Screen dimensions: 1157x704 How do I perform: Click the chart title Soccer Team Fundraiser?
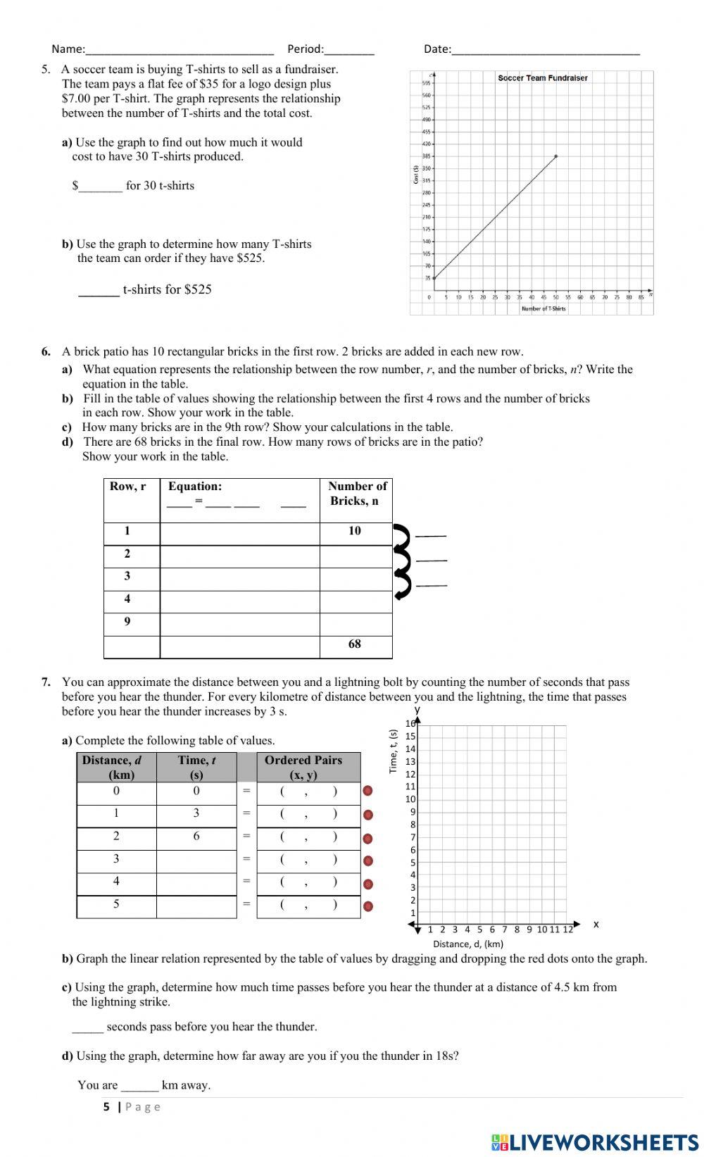point(542,78)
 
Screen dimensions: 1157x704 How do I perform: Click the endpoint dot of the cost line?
point(556,156)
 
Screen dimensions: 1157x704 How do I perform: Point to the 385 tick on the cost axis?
point(427,156)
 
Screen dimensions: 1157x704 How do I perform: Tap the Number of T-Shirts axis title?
point(543,308)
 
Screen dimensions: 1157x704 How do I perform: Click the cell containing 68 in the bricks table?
point(355,644)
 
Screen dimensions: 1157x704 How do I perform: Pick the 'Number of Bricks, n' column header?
point(356,494)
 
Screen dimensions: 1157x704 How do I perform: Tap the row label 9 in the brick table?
point(127,622)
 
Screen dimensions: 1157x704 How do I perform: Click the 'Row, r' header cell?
point(128,487)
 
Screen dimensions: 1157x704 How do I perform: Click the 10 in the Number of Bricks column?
point(355,531)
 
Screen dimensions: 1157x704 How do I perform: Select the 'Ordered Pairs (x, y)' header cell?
point(303,768)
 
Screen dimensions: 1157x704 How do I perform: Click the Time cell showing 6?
point(196,837)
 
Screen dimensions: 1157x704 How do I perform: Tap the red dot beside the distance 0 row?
point(367,792)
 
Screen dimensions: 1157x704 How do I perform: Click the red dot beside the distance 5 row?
point(367,906)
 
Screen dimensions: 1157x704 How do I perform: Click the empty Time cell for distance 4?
point(196,882)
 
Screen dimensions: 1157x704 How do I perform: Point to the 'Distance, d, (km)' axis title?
point(468,944)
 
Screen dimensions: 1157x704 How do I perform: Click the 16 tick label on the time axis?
point(410,724)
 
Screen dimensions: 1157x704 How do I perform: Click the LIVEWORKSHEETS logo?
point(595,1142)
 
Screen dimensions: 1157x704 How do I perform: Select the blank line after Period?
point(349,49)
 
